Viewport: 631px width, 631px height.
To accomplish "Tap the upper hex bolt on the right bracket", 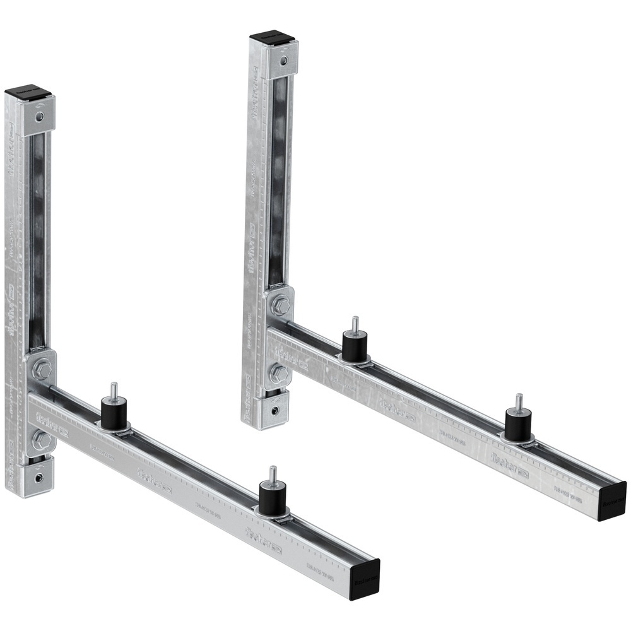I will click(280, 307).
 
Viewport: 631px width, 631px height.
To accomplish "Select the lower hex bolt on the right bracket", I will click(278, 374).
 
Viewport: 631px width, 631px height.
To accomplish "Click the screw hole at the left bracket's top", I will click(40, 117).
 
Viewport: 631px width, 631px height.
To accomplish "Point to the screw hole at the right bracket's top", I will click(283, 61).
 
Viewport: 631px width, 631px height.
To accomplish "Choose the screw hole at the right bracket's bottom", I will click(274, 410).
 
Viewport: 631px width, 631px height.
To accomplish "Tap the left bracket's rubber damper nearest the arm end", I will click(273, 493).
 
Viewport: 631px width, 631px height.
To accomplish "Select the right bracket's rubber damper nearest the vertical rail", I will click(355, 346).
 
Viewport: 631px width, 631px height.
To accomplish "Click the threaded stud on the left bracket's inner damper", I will click(114, 391).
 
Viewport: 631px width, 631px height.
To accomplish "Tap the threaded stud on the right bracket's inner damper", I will click(355, 324).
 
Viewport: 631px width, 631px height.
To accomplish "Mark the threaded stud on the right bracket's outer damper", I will click(518, 402).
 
